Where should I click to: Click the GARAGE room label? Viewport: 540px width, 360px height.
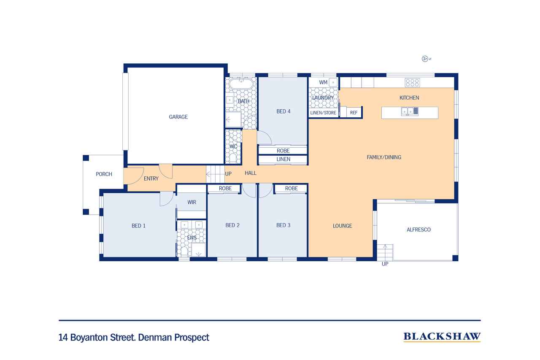point(178,117)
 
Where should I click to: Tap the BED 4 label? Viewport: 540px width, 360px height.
point(283,111)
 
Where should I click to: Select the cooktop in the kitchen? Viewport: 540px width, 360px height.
point(412,83)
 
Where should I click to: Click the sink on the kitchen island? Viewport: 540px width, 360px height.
point(410,111)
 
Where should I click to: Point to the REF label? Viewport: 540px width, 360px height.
point(354,113)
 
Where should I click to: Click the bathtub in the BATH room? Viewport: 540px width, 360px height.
point(241,83)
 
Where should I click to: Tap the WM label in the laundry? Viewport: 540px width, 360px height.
point(323,82)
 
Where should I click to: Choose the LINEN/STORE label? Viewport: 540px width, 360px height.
point(323,113)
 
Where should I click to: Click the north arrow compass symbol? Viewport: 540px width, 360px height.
point(426,59)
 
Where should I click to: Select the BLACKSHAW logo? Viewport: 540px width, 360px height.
point(442,337)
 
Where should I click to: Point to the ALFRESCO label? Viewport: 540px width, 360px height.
point(418,230)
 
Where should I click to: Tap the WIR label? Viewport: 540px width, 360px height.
point(192,202)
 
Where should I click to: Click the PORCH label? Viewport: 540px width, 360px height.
point(104,174)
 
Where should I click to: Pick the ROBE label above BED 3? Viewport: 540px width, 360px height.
point(292,188)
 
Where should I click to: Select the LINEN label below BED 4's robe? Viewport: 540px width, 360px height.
point(283,159)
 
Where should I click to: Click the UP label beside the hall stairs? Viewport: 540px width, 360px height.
point(228,174)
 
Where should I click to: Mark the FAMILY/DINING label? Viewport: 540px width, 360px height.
point(384,157)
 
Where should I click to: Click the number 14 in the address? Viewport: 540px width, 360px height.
point(63,338)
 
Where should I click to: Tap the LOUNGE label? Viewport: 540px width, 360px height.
point(342,226)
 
